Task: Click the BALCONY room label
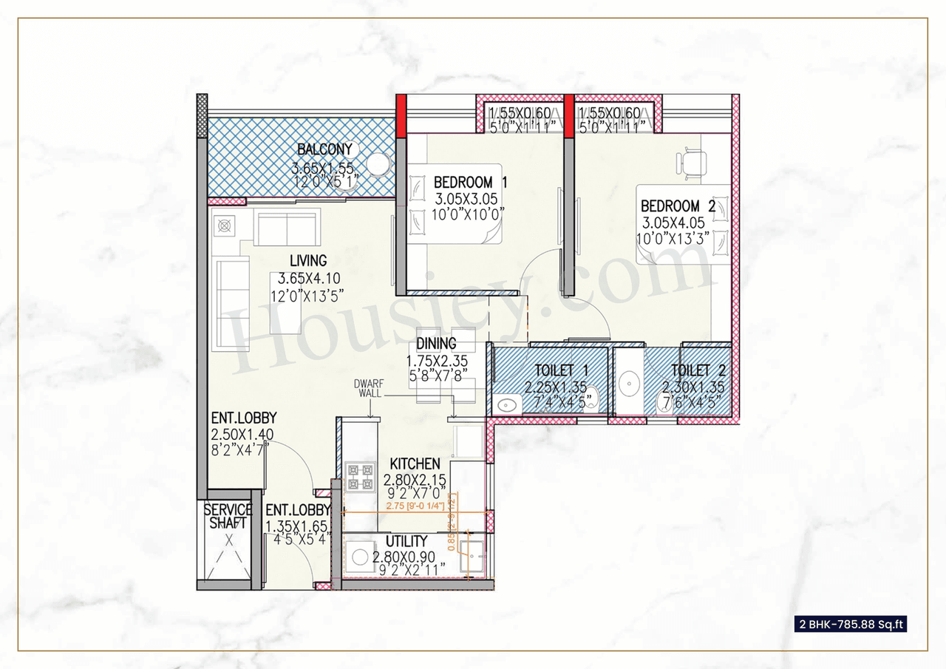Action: [x=324, y=149]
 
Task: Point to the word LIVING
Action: [x=308, y=261]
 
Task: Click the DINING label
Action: [x=436, y=344]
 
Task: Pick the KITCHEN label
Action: [x=415, y=463]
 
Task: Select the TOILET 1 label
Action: [x=551, y=370]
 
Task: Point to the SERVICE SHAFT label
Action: [x=228, y=517]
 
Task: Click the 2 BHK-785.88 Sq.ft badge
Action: [x=851, y=624]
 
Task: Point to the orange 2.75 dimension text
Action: [x=415, y=507]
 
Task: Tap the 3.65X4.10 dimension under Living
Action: [x=307, y=279]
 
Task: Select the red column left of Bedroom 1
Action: [x=401, y=115]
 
